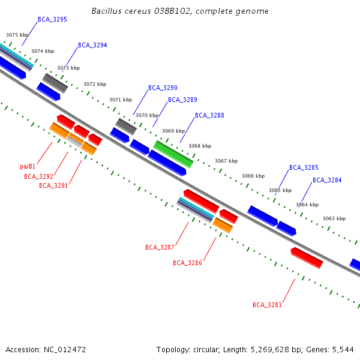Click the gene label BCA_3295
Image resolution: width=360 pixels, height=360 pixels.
pos(52,20)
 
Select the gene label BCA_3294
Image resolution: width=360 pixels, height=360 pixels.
pos(92,46)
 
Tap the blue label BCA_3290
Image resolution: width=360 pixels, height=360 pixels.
pos(163,88)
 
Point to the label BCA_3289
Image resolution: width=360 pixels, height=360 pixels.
pos(182,100)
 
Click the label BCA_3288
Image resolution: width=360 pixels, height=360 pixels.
pos(209,115)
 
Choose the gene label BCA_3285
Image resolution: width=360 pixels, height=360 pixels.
pos(304,168)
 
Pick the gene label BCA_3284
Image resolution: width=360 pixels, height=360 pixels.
pos(327,181)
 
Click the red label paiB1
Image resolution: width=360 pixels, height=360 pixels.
pos(28,167)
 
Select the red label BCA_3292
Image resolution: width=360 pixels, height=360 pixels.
pos(38,177)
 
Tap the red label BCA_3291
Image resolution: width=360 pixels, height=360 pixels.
pos(53,186)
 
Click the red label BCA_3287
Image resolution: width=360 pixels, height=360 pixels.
pos(160,248)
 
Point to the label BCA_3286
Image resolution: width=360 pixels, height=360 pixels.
pos(187,263)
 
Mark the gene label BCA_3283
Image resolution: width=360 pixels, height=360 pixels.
pos(267,305)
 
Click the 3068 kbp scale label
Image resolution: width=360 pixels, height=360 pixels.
pos(200,146)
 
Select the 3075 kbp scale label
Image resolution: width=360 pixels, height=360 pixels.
pos(17,35)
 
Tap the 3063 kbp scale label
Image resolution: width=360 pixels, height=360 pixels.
pos(334,219)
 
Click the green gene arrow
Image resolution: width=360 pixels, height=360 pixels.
pos(173,154)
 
